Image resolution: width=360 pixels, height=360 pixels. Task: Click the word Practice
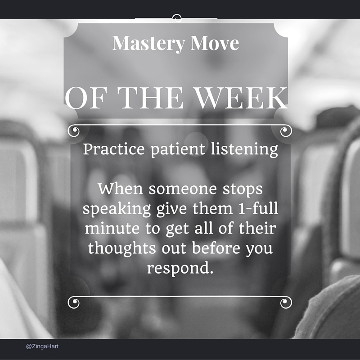click(114, 149)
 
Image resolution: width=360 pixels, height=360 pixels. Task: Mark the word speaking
click(115, 209)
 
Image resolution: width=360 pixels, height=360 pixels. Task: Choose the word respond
click(179, 268)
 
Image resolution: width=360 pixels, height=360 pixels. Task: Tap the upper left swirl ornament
click(73, 131)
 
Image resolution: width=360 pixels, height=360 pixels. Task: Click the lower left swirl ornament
click(73, 302)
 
